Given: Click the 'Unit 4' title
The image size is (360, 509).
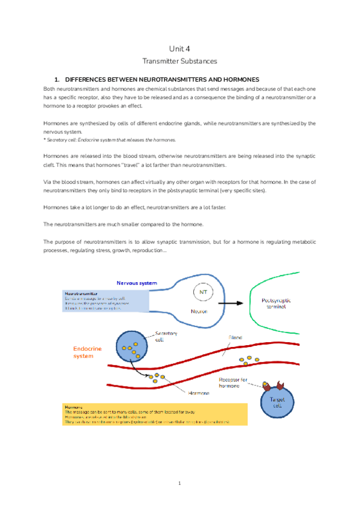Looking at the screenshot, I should (x=179, y=49).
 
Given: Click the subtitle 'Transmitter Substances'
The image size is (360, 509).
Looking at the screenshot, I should (x=179, y=61).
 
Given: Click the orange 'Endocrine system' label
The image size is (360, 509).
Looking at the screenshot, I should (x=88, y=352).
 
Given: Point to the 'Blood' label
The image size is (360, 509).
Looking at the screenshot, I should (x=235, y=338).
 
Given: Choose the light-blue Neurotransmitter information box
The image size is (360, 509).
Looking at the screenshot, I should (x=104, y=301).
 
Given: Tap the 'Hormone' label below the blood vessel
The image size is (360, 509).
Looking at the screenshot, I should (x=199, y=393).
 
